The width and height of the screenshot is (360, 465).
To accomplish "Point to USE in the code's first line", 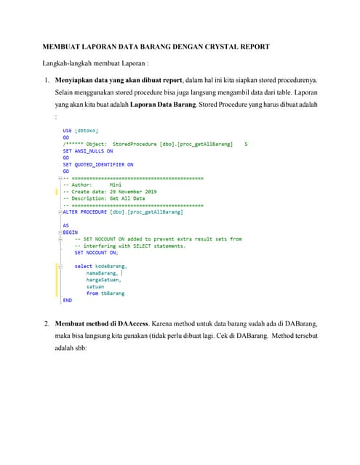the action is [x=68, y=131].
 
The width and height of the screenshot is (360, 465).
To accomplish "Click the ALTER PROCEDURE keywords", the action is [x=86, y=211].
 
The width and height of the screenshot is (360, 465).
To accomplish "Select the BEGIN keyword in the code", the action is [x=70, y=232].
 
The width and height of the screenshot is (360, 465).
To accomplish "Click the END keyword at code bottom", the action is [x=68, y=299].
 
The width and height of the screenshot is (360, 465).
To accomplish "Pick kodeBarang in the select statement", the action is [x=111, y=266].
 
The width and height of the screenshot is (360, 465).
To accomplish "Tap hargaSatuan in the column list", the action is [x=104, y=280].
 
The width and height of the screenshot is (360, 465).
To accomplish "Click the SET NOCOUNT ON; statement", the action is [x=96, y=252].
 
